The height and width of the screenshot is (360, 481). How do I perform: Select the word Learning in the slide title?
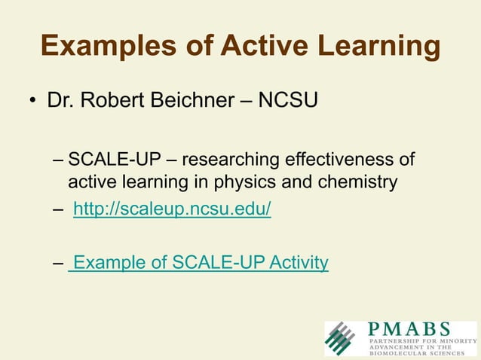point(381,46)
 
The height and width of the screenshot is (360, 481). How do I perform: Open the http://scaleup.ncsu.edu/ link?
point(172,208)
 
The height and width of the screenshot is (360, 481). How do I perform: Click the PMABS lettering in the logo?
point(409,329)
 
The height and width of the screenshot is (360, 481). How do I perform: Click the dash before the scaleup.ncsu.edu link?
point(59,209)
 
